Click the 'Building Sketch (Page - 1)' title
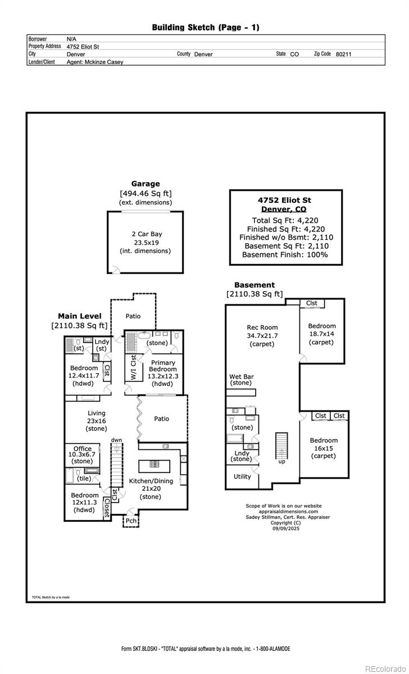206,27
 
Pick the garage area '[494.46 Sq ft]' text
146,193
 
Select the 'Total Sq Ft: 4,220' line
285,220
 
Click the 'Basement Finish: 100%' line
285,254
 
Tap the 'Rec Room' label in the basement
262,327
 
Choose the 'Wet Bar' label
240,376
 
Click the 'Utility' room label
242,476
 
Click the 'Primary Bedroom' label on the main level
163,366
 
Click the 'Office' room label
83,449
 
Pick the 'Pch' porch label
130,521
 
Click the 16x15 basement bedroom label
324,441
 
